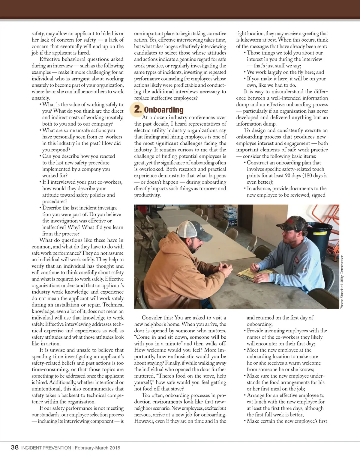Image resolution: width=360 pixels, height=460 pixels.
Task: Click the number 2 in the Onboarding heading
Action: (x=137, y=109)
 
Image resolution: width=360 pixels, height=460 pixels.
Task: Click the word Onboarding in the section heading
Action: (x=163, y=110)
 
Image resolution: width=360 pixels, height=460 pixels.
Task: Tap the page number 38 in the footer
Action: (x=14, y=447)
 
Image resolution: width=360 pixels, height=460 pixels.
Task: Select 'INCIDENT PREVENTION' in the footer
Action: (x=46, y=448)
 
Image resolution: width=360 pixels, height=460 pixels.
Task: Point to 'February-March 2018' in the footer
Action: (x=97, y=448)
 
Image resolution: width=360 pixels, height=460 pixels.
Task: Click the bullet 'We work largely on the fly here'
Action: (x=285, y=72)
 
